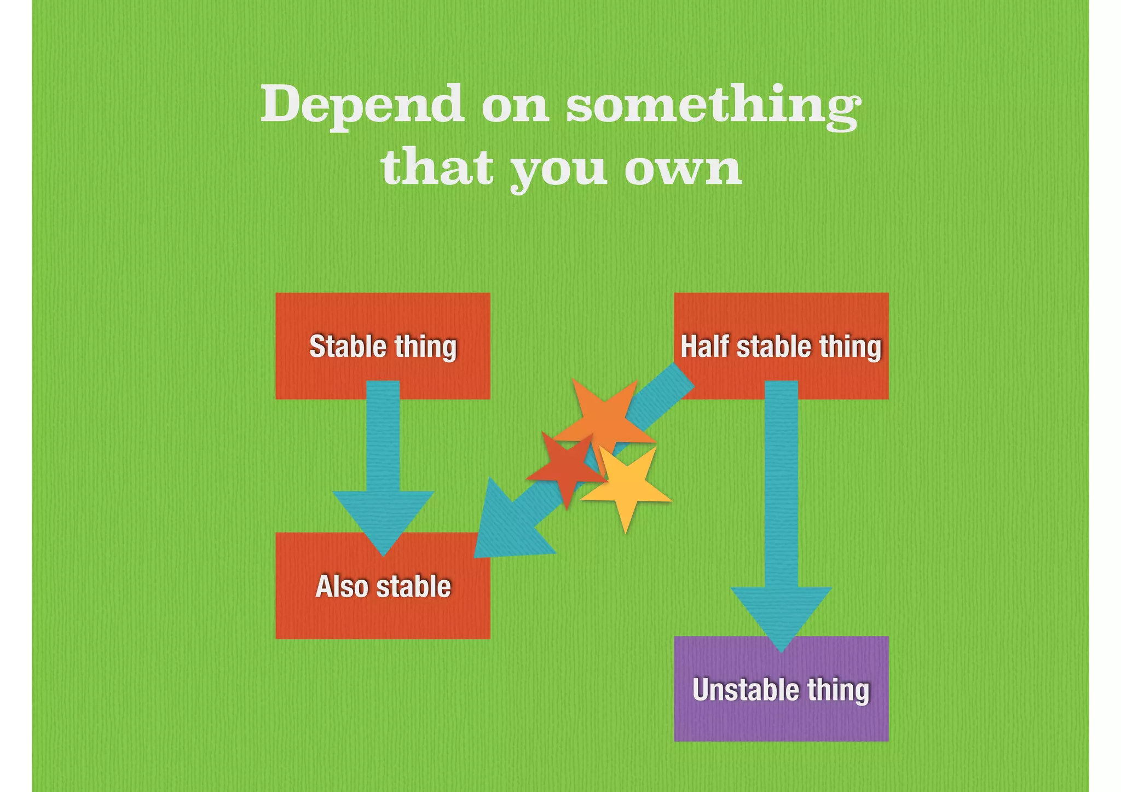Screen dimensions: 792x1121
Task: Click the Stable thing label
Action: pos(383,346)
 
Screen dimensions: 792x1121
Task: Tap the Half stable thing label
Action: pos(781,346)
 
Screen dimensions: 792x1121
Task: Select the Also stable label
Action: pos(383,586)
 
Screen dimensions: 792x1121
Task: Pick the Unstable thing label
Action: pos(781,690)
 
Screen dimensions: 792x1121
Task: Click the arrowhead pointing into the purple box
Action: pos(781,613)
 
